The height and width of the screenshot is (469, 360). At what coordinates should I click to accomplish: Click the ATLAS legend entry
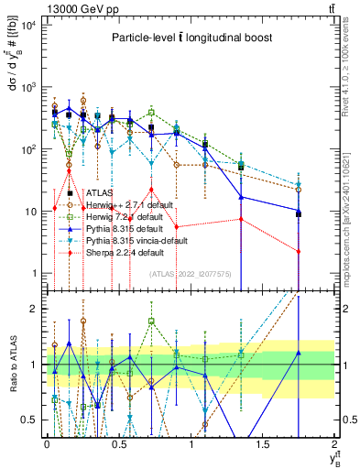point(101,193)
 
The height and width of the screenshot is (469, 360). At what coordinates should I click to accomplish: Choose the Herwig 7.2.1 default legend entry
point(120,217)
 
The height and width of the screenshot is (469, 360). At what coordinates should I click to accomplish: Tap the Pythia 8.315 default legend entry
point(120,229)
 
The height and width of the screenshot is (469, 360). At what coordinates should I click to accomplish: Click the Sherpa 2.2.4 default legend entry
point(120,253)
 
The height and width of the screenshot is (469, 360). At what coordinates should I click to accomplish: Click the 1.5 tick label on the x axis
point(262,443)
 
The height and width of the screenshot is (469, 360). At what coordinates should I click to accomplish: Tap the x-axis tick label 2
point(335,443)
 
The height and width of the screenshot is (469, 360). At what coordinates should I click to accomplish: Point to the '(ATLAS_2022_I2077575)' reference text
point(190,274)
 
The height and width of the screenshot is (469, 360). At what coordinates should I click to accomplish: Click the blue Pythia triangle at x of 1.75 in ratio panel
point(298,354)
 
